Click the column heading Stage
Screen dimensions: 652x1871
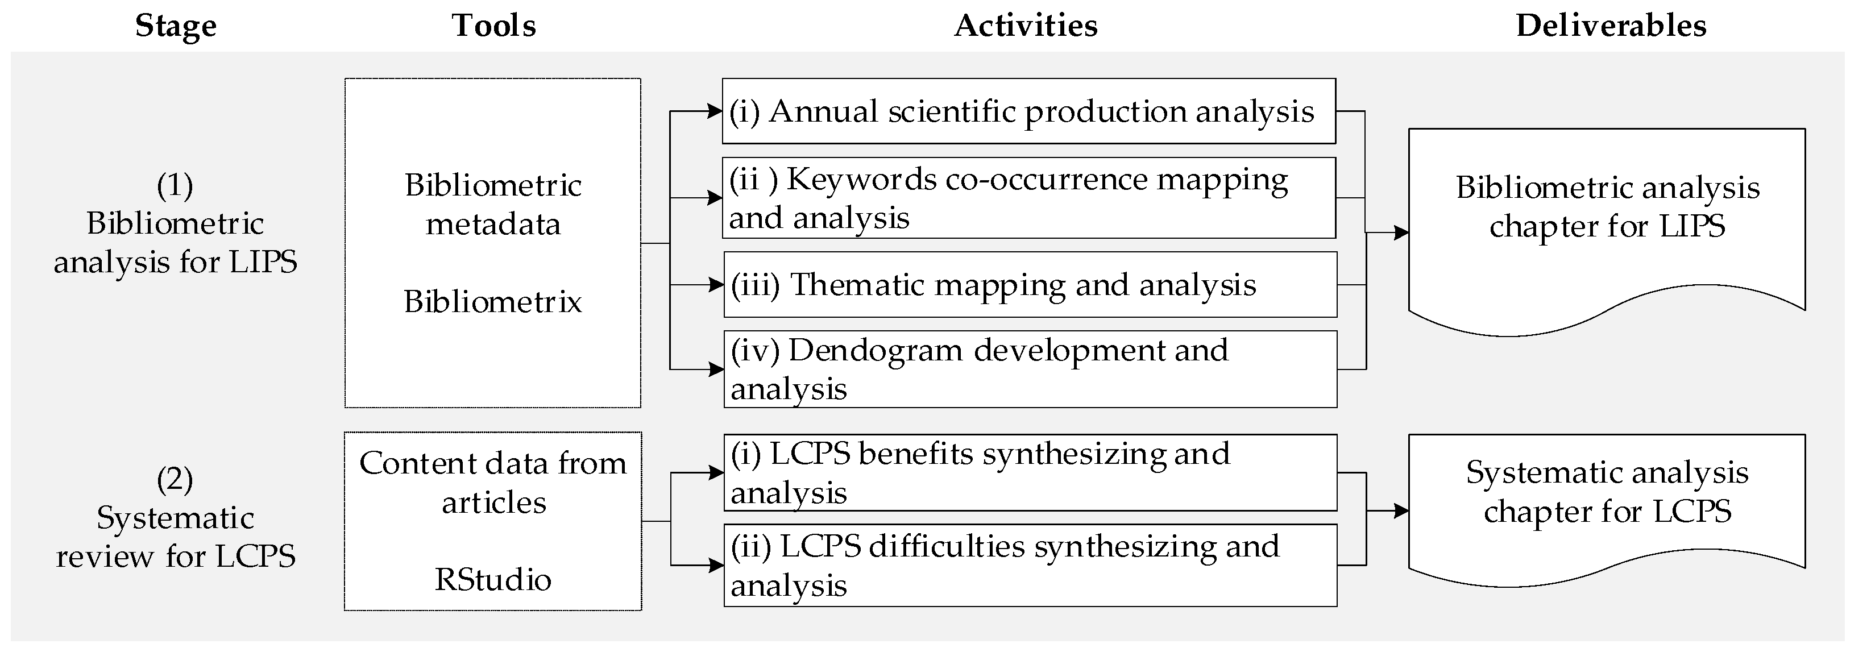point(176,26)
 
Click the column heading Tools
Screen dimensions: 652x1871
point(494,26)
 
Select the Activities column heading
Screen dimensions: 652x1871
point(1026,26)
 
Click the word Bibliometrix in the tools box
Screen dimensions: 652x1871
point(492,301)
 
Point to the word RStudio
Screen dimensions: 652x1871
point(492,579)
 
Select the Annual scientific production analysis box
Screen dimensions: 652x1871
point(1028,111)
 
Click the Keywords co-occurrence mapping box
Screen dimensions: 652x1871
point(1028,197)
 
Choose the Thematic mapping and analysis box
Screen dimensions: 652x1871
point(1030,285)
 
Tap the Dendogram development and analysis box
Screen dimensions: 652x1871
point(1030,369)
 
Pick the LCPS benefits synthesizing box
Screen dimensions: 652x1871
point(1030,473)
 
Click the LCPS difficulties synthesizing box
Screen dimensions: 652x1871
point(1030,565)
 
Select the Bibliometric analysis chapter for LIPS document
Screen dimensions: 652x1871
point(1607,218)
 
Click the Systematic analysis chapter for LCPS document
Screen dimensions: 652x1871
point(1607,501)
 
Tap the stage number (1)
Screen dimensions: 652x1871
point(175,185)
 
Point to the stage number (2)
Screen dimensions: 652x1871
point(175,479)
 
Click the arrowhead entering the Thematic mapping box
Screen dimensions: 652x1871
point(716,285)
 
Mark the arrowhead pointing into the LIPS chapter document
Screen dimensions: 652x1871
point(1401,233)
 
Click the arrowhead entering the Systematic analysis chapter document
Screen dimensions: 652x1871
point(1401,511)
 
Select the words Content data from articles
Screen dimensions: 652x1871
point(492,482)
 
